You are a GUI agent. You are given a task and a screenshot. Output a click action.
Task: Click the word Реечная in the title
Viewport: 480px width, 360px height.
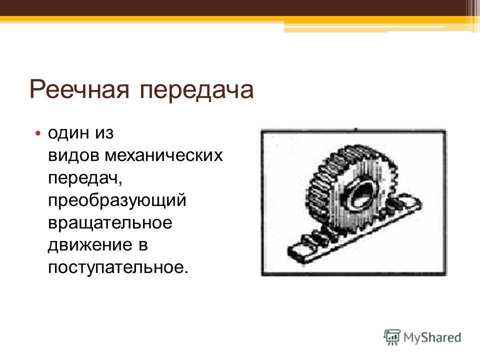pos(79,89)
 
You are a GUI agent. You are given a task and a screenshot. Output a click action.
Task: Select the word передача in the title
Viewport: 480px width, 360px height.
pos(196,89)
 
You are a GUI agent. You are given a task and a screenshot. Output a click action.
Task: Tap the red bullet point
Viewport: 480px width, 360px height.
pos(37,133)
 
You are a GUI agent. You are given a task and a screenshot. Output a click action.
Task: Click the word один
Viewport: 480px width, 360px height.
pos(68,133)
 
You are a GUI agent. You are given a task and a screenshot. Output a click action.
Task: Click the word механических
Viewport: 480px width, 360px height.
pos(164,155)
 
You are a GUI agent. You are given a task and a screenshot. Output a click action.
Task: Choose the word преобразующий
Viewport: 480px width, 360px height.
pos(117,200)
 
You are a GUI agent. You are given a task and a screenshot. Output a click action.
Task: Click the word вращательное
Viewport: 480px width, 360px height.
pos(110,222)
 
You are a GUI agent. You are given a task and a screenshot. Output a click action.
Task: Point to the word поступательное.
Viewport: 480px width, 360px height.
pos(116,267)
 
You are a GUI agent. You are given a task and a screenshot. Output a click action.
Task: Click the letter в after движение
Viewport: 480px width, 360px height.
pos(143,245)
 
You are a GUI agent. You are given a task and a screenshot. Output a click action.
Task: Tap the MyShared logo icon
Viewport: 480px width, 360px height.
pos(392,337)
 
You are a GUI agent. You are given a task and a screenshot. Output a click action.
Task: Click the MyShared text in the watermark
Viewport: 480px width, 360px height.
pos(432,338)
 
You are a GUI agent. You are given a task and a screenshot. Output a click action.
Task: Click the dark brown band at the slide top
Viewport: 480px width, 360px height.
pos(232,8)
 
